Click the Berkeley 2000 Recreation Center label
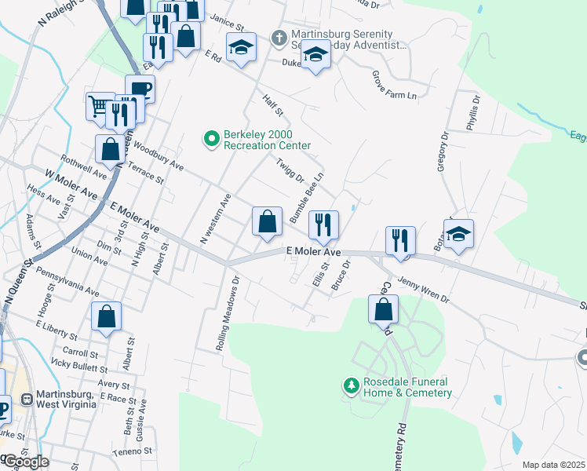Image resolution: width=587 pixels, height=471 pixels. (x=267, y=140)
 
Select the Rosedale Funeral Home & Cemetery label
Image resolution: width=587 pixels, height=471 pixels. (x=408, y=387)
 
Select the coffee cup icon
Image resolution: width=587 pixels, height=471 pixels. (x=140, y=88)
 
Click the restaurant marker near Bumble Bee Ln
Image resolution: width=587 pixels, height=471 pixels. (x=323, y=225)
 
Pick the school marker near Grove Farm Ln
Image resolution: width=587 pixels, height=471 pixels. (x=315, y=54)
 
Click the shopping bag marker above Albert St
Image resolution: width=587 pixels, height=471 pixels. (x=106, y=316)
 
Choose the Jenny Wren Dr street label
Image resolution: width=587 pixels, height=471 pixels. (x=424, y=289)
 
